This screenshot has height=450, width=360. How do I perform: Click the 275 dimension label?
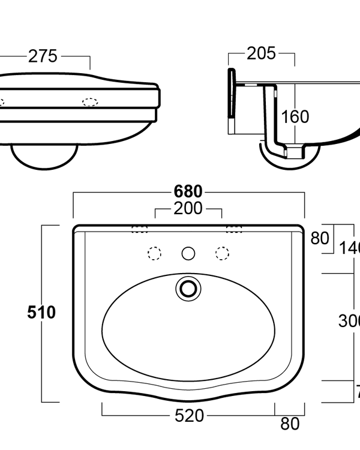tap(43, 56)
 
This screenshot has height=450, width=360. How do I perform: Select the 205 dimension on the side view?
tap(261, 53)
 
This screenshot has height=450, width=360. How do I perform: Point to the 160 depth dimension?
tap(295, 116)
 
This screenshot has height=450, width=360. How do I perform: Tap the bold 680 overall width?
tap(188, 192)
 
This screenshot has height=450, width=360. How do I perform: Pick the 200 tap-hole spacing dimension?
tap(188, 209)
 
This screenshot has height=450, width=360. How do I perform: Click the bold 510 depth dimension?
tap(41, 313)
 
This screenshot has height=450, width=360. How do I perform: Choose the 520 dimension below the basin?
tap(188, 415)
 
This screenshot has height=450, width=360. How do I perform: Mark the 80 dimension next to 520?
tap(290, 424)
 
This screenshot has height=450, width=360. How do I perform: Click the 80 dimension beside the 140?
tap(320, 238)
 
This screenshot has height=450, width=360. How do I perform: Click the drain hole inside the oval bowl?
tap(188, 288)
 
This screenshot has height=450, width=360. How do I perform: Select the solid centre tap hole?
tap(188, 254)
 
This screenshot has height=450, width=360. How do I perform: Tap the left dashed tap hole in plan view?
tap(154, 254)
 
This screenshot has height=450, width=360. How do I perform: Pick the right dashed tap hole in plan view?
tap(223, 254)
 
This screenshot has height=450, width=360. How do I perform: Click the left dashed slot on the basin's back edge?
tap(140, 229)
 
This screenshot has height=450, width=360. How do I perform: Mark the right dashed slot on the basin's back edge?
tap(235, 229)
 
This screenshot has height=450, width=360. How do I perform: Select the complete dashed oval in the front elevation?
tap(90, 101)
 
